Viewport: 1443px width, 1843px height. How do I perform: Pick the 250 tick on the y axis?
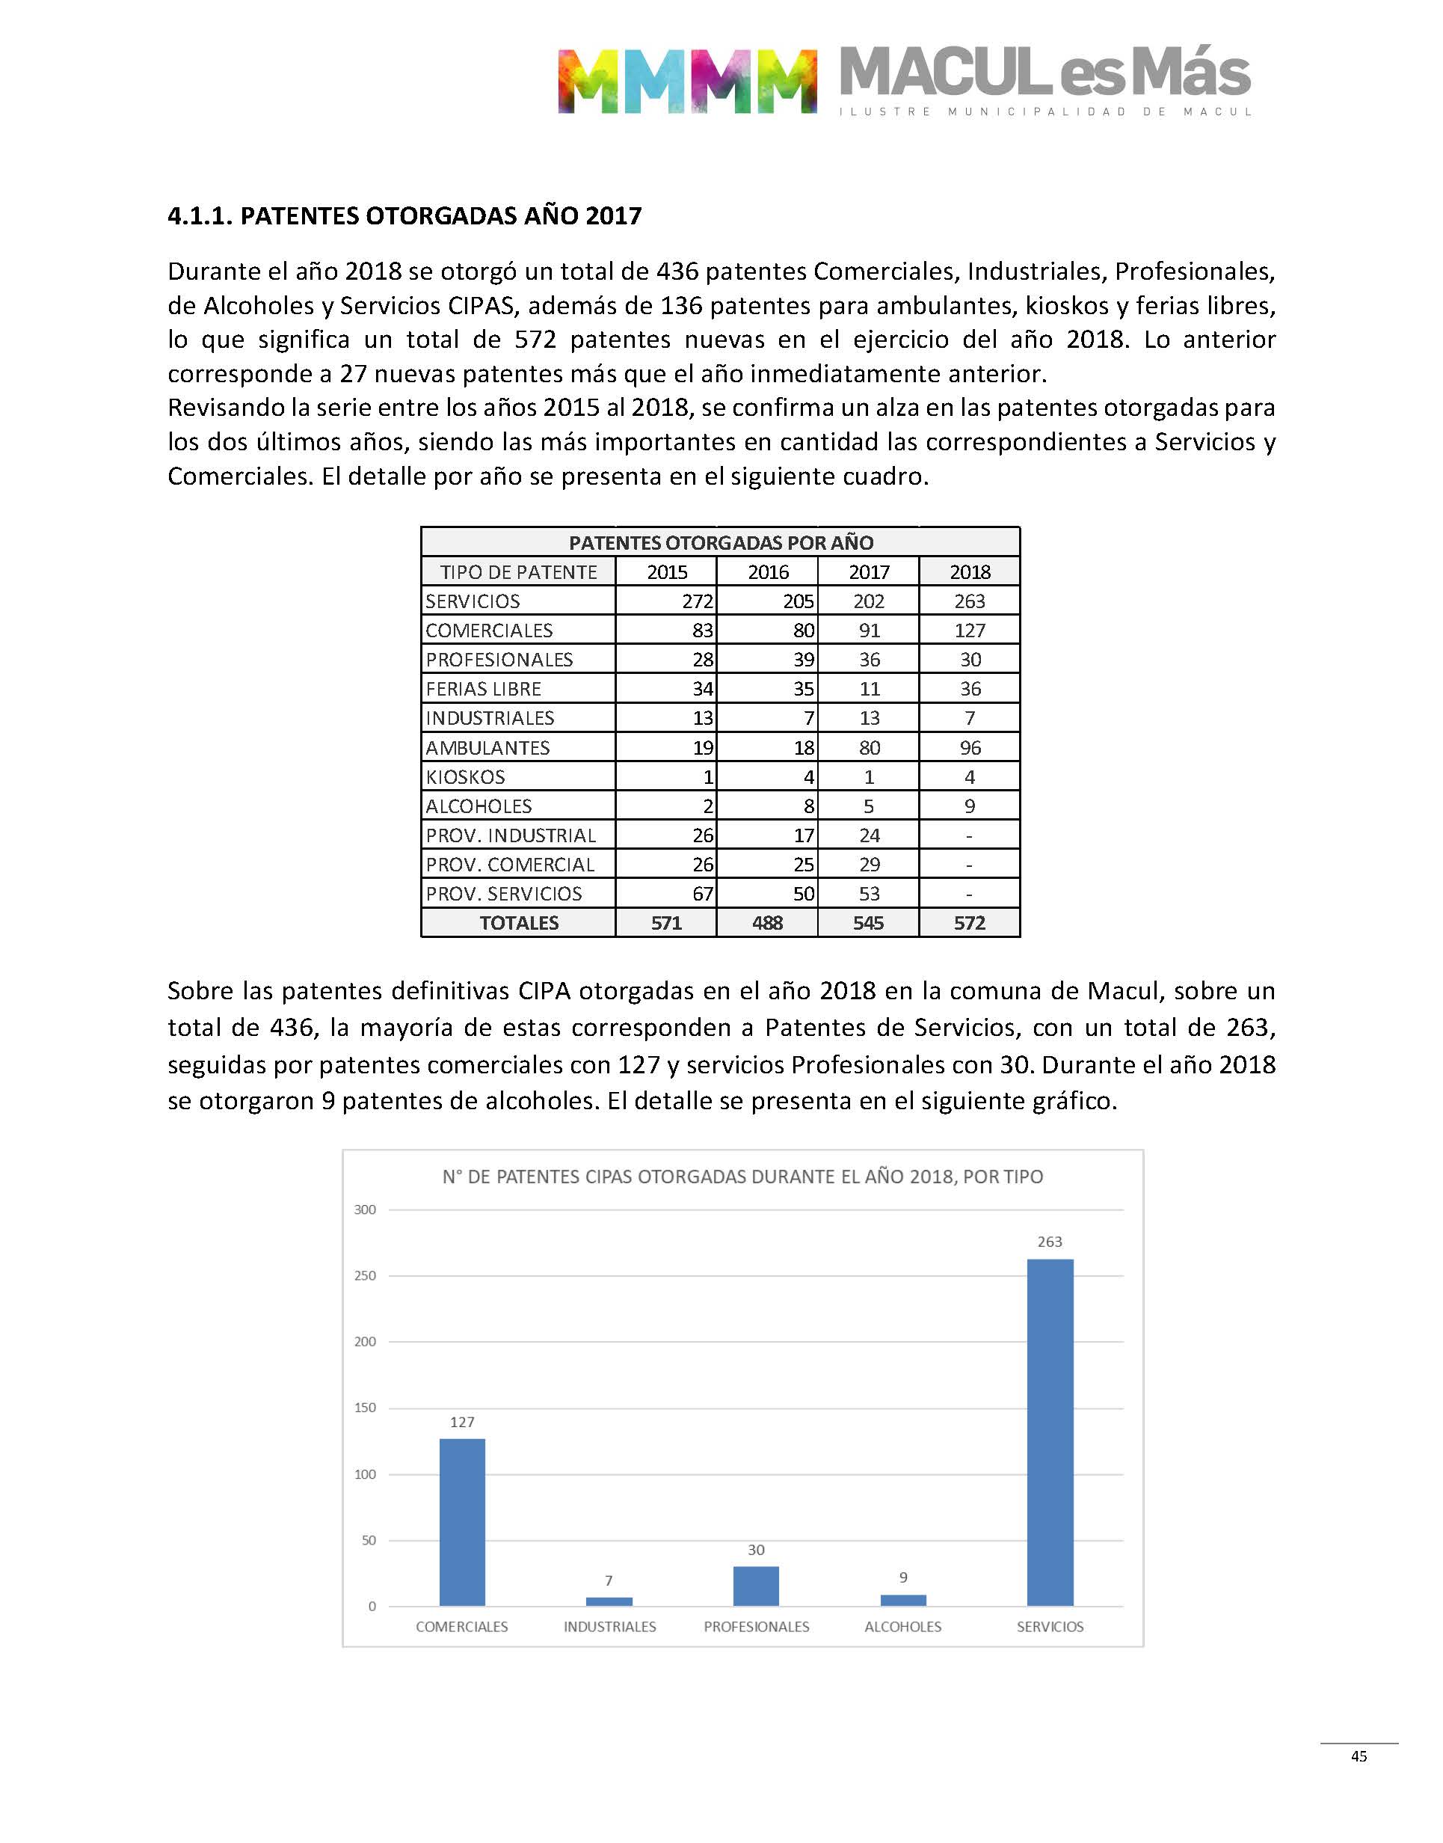click(x=365, y=1275)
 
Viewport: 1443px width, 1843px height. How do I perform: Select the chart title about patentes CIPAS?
click(x=742, y=1177)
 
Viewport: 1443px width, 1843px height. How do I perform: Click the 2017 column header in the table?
click(x=869, y=572)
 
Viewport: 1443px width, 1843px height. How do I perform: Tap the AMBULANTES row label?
click(x=487, y=748)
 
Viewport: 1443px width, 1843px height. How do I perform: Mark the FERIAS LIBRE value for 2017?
click(x=870, y=689)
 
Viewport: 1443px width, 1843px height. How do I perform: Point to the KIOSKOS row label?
click(x=466, y=776)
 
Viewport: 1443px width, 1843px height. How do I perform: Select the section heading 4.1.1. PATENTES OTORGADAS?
click(x=404, y=215)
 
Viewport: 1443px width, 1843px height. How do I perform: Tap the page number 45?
click(x=1359, y=1756)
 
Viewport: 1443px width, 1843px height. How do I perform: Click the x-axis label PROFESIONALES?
click(x=756, y=1627)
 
